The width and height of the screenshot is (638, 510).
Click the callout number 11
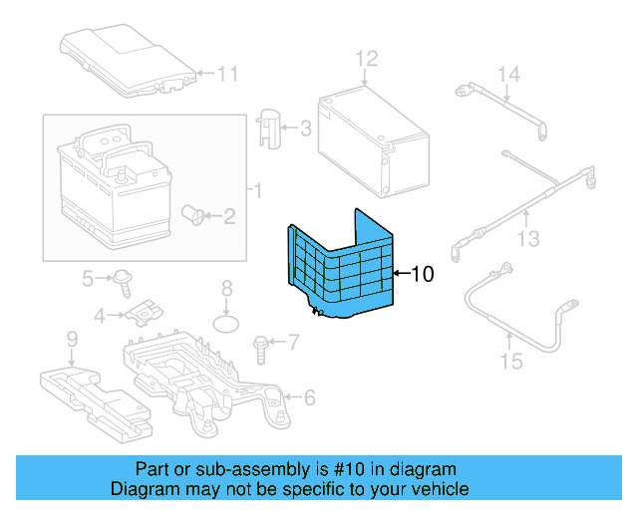(228, 73)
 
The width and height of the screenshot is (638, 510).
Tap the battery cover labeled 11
(124, 60)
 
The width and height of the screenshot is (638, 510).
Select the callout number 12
(367, 58)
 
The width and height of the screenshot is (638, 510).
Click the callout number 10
(423, 273)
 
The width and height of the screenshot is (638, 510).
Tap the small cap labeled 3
(269, 127)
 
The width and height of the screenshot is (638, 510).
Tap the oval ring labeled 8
(228, 324)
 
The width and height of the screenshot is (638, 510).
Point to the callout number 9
(72, 342)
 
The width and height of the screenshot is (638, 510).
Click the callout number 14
(509, 75)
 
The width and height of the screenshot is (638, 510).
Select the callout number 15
(510, 361)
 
